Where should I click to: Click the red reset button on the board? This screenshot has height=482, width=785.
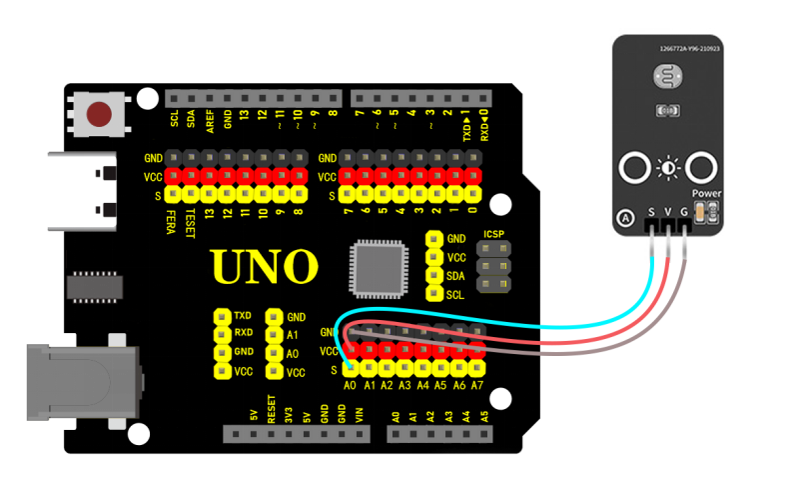100,114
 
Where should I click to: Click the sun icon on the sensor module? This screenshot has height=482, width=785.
666,168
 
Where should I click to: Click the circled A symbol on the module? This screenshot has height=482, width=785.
626,218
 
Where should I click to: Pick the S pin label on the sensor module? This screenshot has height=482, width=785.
652,212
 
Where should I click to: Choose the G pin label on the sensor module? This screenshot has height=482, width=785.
684,212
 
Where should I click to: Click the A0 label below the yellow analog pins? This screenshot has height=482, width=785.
350,384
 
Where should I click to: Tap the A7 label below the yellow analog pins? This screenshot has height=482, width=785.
476,384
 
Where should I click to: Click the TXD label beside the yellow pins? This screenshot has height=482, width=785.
243,314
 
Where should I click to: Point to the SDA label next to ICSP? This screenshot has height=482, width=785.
456,276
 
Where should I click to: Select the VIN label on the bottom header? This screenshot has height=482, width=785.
360,415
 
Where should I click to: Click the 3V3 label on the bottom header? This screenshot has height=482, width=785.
289,414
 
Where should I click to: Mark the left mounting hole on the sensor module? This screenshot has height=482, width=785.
633,168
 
